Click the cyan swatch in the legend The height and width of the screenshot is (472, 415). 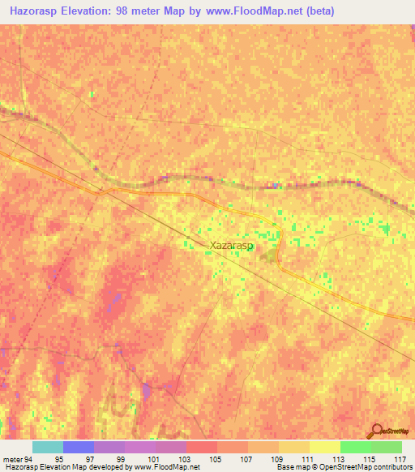48,447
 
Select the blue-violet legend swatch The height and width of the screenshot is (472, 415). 79,447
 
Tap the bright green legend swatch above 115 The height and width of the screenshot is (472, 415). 356,447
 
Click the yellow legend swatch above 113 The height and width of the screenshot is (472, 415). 325,447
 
